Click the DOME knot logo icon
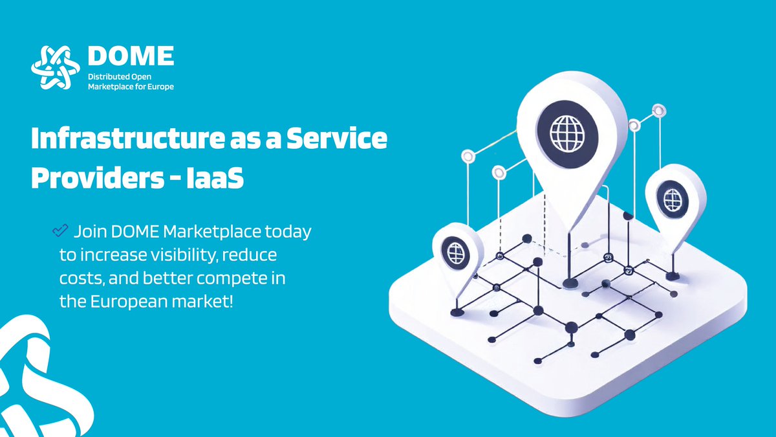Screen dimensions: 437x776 tap(55, 67)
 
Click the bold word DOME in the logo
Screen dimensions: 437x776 tap(131, 56)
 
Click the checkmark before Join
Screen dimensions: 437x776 tap(60, 230)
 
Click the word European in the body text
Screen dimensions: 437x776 tap(127, 301)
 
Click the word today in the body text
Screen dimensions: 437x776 tap(289, 231)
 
